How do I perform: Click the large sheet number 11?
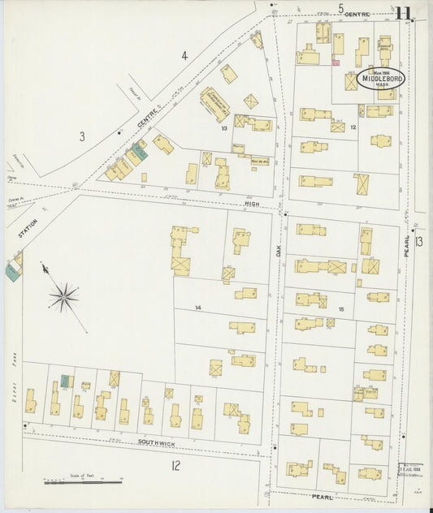[x=404, y=12]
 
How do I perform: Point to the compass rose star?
[x=63, y=296]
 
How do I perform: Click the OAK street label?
[x=277, y=252]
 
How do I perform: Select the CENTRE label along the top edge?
[x=357, y=15]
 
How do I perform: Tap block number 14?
[x=197, y=308]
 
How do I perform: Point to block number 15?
[x=341, y=309]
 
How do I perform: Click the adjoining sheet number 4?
[x=184, y=56]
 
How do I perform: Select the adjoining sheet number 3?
[x=81, y=136]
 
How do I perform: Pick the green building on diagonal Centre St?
[x=139, y=150]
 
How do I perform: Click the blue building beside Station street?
[x=12, y=273]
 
